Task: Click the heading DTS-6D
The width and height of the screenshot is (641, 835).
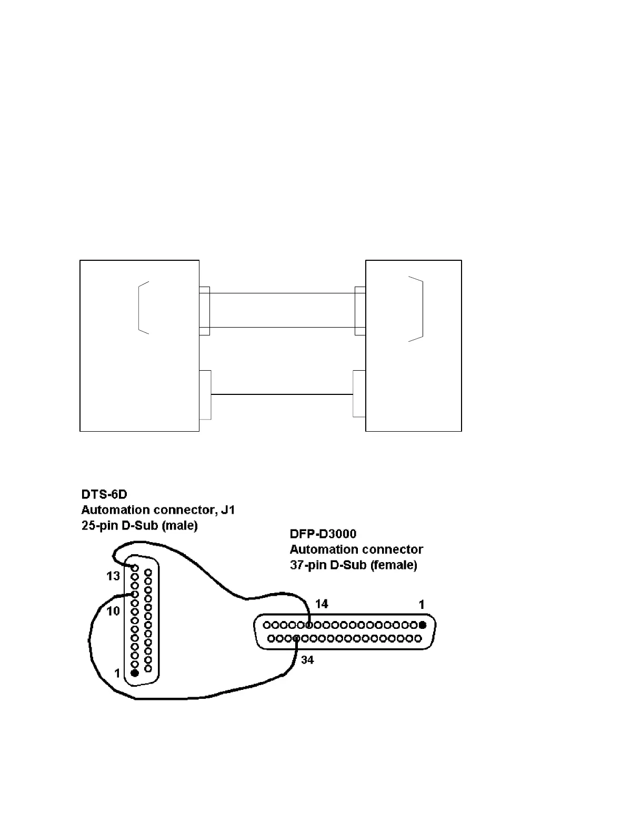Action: [x=104, y=494]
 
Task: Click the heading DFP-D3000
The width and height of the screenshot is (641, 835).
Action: [x=323, y=534]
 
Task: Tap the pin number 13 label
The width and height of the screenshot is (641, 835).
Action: [x=113, y=576]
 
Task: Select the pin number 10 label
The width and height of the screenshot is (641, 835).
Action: [x=114, y=611]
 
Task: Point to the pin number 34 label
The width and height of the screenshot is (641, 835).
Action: [x=307, y=659]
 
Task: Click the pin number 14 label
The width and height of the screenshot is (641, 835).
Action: [x=322, y=604]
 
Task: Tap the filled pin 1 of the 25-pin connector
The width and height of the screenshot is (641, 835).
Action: [x=135, y=673]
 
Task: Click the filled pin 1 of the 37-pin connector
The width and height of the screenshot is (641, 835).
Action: [x=422, y=625]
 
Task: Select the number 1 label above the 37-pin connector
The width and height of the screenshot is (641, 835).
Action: [x=422, y=605]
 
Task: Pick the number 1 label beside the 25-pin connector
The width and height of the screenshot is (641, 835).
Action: [x=118, y=673]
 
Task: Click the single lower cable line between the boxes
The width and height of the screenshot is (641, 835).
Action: [x=282, y=394]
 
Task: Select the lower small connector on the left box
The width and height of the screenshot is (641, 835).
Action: [x=205, y=395]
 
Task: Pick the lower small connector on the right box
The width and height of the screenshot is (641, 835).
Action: [x=359, y=394]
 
